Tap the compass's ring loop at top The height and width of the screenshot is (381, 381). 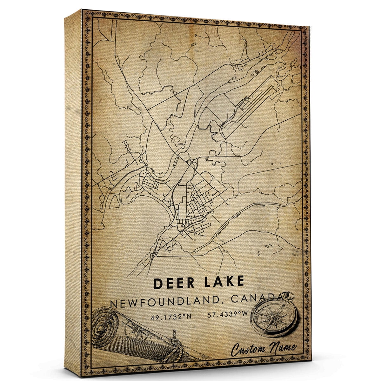pyautogui.click(x=290, y=296)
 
